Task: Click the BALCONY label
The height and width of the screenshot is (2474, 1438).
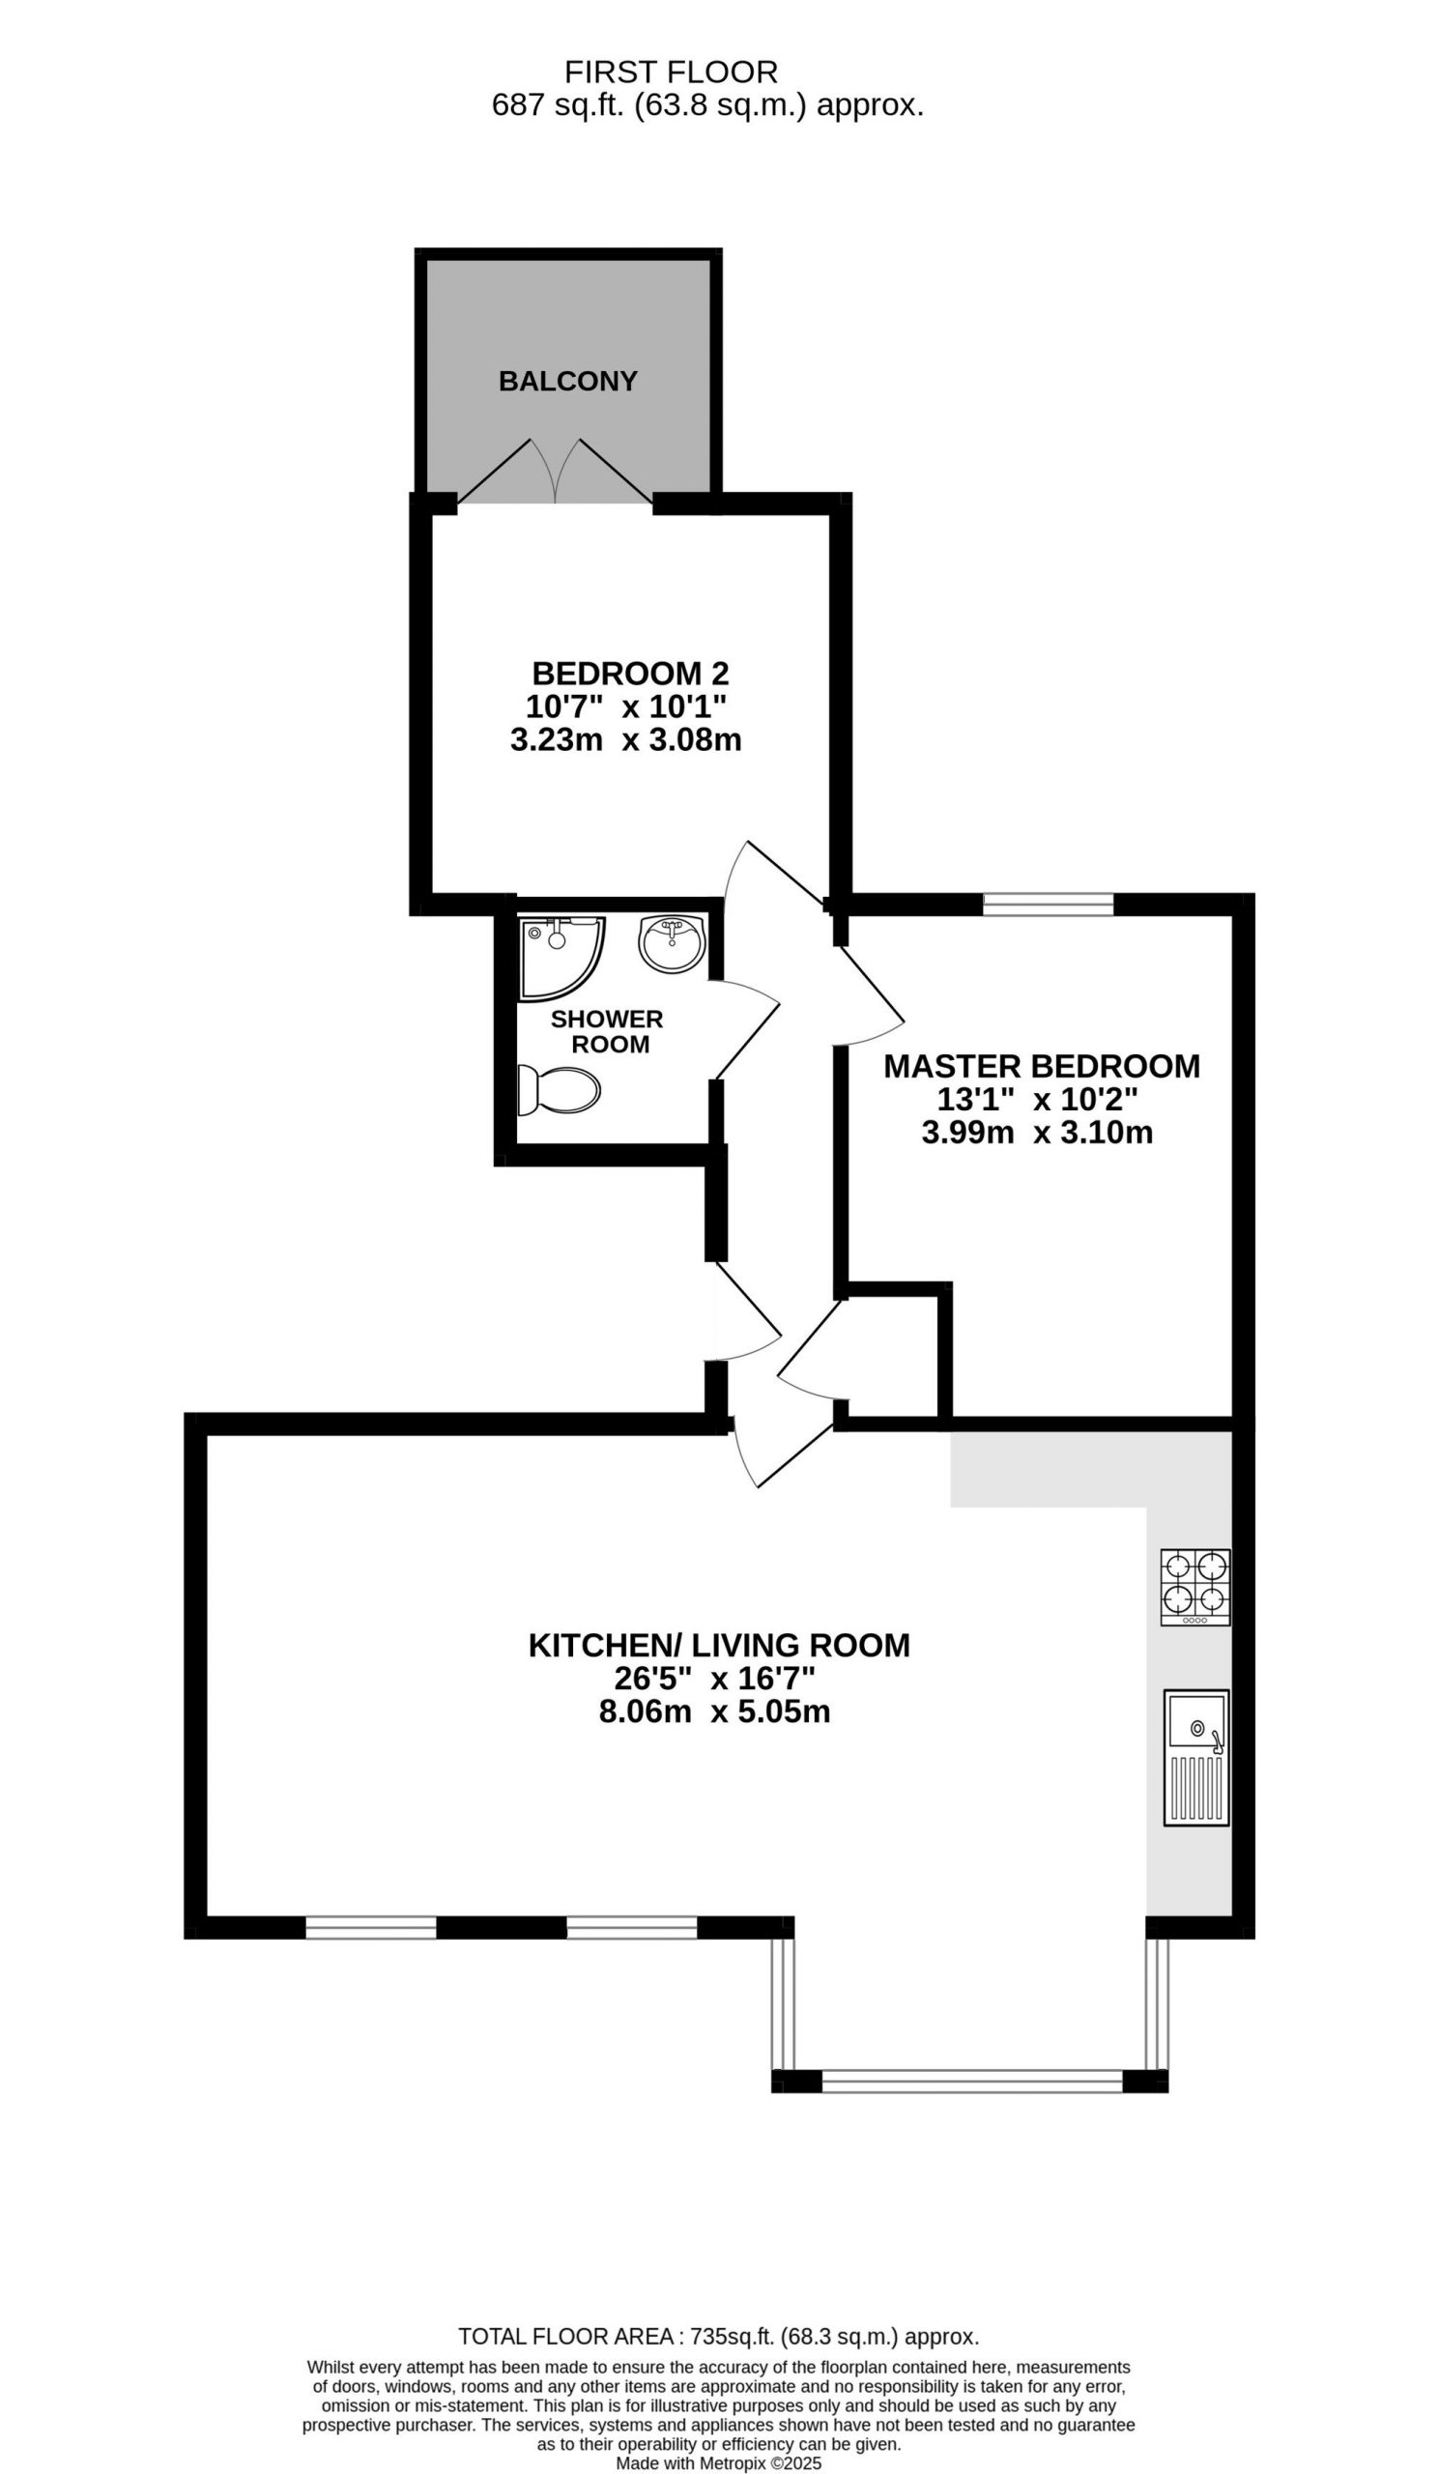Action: [x=567, y=381]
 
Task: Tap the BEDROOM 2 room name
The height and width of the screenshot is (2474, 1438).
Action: [x=630, y=674]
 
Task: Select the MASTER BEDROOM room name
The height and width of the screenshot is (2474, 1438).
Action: [x=1042, y=1066]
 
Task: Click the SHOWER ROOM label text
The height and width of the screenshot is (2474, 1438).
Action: [x=608, y=1032]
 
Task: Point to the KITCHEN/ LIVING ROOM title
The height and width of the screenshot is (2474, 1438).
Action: [x=718, y=1646]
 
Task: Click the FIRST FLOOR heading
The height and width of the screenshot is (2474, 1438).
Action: [x=672, y=72]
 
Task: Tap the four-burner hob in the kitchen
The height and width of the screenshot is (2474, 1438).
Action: [x=1194, y=1588]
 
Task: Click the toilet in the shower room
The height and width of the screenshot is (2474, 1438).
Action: [x=559, y=1090]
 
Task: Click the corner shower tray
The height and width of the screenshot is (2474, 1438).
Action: [x=561, y=958]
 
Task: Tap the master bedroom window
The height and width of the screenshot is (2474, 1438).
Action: [x=1049, y=905]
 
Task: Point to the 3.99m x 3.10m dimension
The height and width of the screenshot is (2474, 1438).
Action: [x=1037, y=1133]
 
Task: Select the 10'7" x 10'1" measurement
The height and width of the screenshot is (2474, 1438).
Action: [x=626, y=706]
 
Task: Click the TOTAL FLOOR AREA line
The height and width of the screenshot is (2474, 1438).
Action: [x=718, y=2337]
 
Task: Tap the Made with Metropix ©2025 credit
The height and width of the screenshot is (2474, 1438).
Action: [x=718, y=2463]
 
